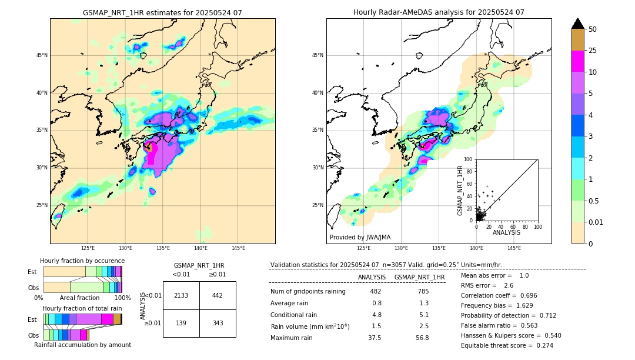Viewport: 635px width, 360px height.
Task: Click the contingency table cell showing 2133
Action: point(181,295)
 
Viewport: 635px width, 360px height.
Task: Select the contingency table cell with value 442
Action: point(218,295)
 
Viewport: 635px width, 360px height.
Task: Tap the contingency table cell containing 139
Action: point(181,324)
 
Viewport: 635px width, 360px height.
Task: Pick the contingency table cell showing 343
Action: point(218,324)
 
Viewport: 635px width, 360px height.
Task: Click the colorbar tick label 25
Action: point(593,51)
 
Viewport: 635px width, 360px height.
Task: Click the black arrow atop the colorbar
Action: point(578,24)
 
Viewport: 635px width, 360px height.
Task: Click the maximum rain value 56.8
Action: point(422,338)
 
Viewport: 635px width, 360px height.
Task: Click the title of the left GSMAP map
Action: point(162,12)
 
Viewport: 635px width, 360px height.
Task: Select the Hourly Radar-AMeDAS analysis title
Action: point(439,12)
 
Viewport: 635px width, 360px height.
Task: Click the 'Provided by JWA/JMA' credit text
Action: point(360,238)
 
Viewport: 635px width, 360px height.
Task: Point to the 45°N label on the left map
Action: point(42,55)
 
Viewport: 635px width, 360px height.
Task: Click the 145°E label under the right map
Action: point(514,248)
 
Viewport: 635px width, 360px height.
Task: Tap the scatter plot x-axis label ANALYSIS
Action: point(506,232)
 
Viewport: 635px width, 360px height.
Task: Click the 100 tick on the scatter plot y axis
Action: point(469,159)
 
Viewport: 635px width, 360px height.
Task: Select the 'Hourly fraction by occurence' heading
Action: point(82,261)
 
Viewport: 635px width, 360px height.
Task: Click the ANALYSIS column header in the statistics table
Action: point(372,277)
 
